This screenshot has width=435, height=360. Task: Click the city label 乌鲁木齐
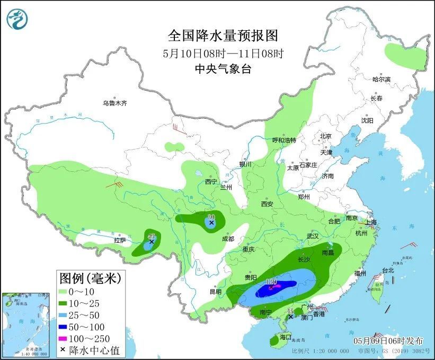[115, 103]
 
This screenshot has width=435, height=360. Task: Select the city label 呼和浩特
[284, 141]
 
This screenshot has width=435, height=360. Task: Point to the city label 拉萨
[120, 240]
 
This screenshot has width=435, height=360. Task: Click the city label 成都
[228, 239]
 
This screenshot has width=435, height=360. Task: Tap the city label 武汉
[313, 236]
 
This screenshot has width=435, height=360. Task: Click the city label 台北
[388, 270]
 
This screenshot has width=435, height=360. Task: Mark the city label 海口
[286, 337]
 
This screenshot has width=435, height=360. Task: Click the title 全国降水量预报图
[223, 36]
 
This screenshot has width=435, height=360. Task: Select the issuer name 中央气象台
[223, 68]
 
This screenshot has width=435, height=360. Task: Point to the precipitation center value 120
[272, 282]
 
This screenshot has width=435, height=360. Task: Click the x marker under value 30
[211, 223]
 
